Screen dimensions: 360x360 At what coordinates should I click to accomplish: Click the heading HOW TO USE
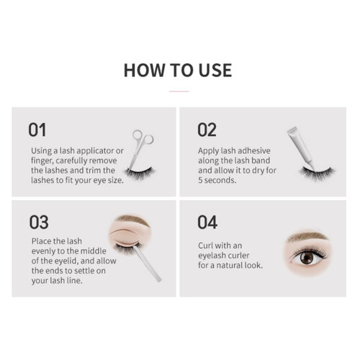point(178,70)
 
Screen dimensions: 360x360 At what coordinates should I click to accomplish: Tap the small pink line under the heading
point(178,91)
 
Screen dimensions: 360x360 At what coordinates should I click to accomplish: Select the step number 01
point(37,130)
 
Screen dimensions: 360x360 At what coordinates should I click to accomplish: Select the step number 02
point(207,130)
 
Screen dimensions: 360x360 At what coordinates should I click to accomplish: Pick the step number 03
point(38,221)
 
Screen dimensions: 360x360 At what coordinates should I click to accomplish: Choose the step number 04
point(207,221)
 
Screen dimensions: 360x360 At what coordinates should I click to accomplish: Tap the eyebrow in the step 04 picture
point(308,236)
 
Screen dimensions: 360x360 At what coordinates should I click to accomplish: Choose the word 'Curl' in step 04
point(207,245)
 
